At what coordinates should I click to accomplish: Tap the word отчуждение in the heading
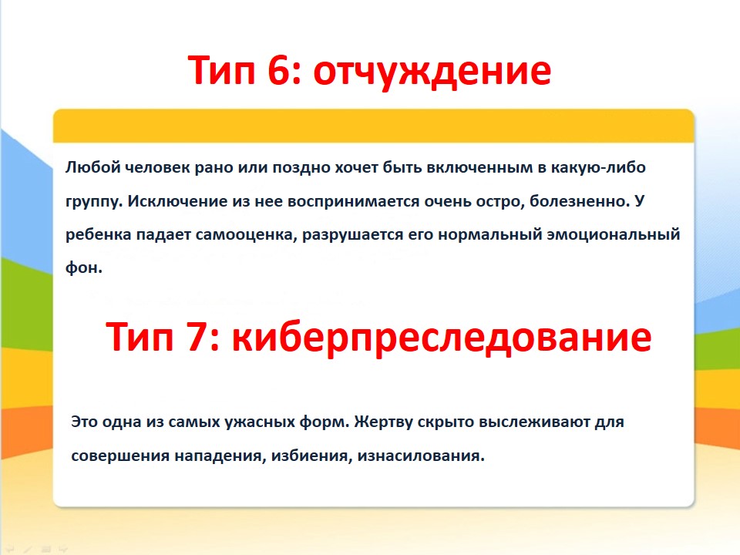coord(432,72)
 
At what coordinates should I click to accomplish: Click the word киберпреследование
coord(441,338)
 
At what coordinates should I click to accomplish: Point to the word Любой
coord(93,167)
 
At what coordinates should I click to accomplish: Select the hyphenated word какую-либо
coord(598,167)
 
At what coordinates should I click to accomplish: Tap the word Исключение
coord(177,201)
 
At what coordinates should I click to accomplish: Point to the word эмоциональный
coord(614,234)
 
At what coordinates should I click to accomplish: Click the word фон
coord(83,267)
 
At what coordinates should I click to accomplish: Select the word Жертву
coord(383,422)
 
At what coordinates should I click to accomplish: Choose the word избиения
coord(311,456)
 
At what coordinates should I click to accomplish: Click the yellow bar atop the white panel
coord(373,126)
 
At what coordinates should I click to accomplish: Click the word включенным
coord(479,167)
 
